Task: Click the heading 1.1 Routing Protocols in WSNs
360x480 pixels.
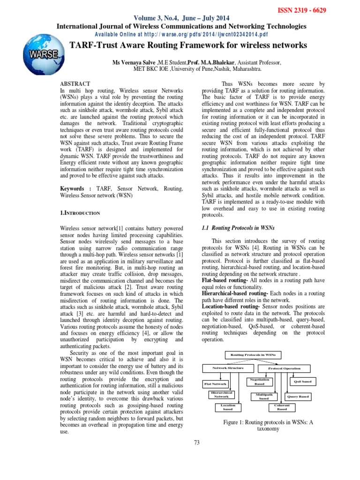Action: (237, 227)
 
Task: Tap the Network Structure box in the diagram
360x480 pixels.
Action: (228, 368)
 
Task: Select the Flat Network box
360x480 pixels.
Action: (215, 383)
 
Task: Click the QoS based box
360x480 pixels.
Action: (302, 382)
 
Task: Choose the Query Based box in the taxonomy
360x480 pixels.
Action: (298, 397)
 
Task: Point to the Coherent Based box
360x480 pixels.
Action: (282, 407)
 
